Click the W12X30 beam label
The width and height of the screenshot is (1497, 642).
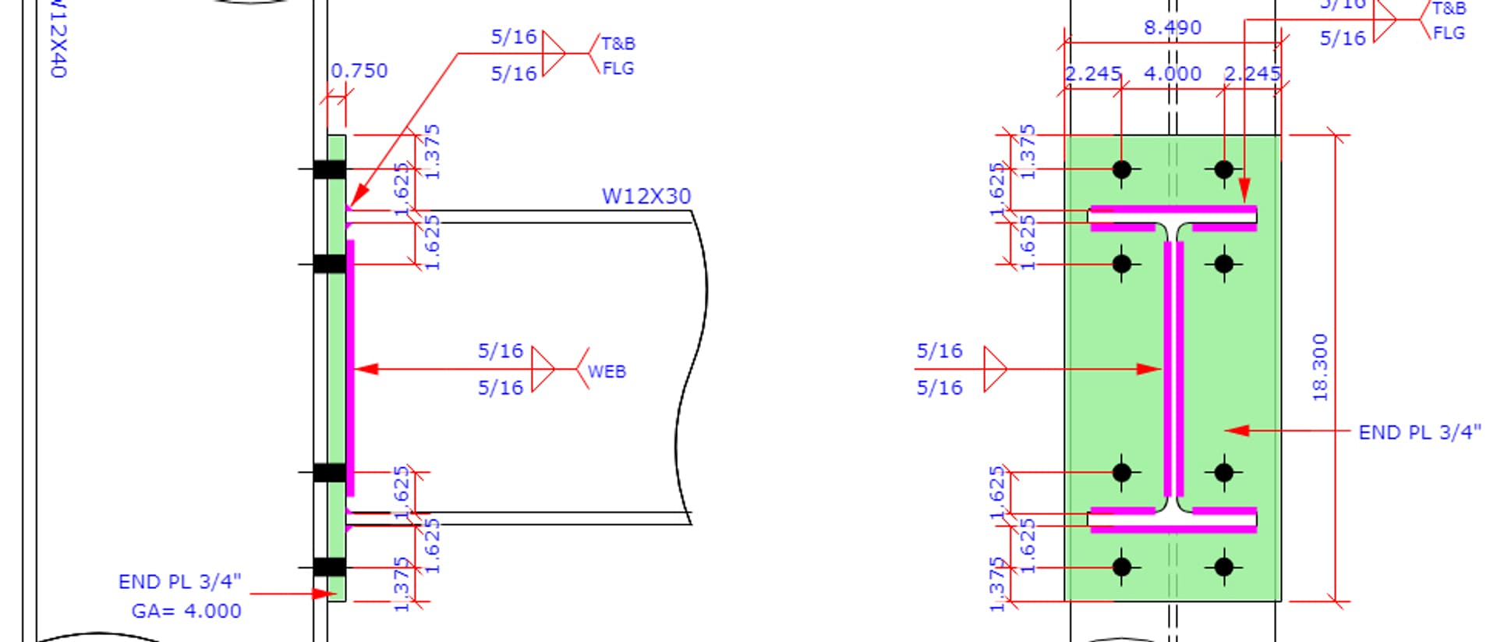646,196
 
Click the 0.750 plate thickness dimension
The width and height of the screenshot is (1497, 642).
359,71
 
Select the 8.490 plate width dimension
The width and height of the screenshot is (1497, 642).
1172,28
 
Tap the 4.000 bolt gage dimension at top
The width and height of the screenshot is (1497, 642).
1172,74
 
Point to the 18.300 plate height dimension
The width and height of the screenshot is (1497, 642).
1319,367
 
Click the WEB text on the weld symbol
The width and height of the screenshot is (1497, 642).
607,371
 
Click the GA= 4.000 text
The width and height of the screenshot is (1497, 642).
186,611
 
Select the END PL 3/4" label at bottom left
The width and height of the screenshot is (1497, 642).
179,582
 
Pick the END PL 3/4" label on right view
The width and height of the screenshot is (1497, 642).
1419,432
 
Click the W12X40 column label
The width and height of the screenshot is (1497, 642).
58,39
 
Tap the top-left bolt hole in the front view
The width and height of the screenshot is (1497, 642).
1121,169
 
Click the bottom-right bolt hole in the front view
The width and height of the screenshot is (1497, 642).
1223,567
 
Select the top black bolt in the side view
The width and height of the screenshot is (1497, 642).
330,169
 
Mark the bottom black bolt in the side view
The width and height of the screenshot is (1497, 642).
330,567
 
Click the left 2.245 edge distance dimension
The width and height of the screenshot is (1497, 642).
1092,74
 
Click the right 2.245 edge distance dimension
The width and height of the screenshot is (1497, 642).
1251,74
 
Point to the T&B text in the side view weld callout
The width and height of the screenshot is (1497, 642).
618,44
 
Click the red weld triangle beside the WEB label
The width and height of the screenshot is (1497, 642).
542,368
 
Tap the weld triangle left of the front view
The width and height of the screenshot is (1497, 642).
995,368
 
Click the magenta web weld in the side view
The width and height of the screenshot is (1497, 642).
351,367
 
